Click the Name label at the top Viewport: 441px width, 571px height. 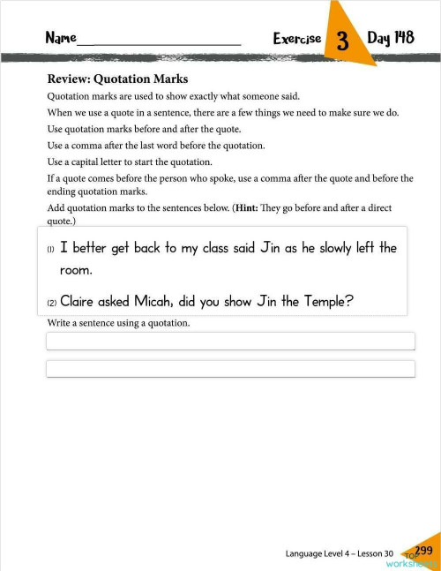click(61, 38)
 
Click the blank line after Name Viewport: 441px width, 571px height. click(159, 42)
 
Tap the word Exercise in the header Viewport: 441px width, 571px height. click(297, 39)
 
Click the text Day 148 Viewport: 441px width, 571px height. click(391, 38)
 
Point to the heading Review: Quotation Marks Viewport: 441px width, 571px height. click(117, 79)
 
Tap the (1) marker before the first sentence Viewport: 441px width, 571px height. click(50, 250)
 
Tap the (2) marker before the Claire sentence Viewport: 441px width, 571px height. click(50, 303)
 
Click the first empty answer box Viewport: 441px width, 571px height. click(229, 341)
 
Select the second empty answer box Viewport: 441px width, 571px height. click(229, 368)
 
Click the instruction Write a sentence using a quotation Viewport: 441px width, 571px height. click(118, 323)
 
